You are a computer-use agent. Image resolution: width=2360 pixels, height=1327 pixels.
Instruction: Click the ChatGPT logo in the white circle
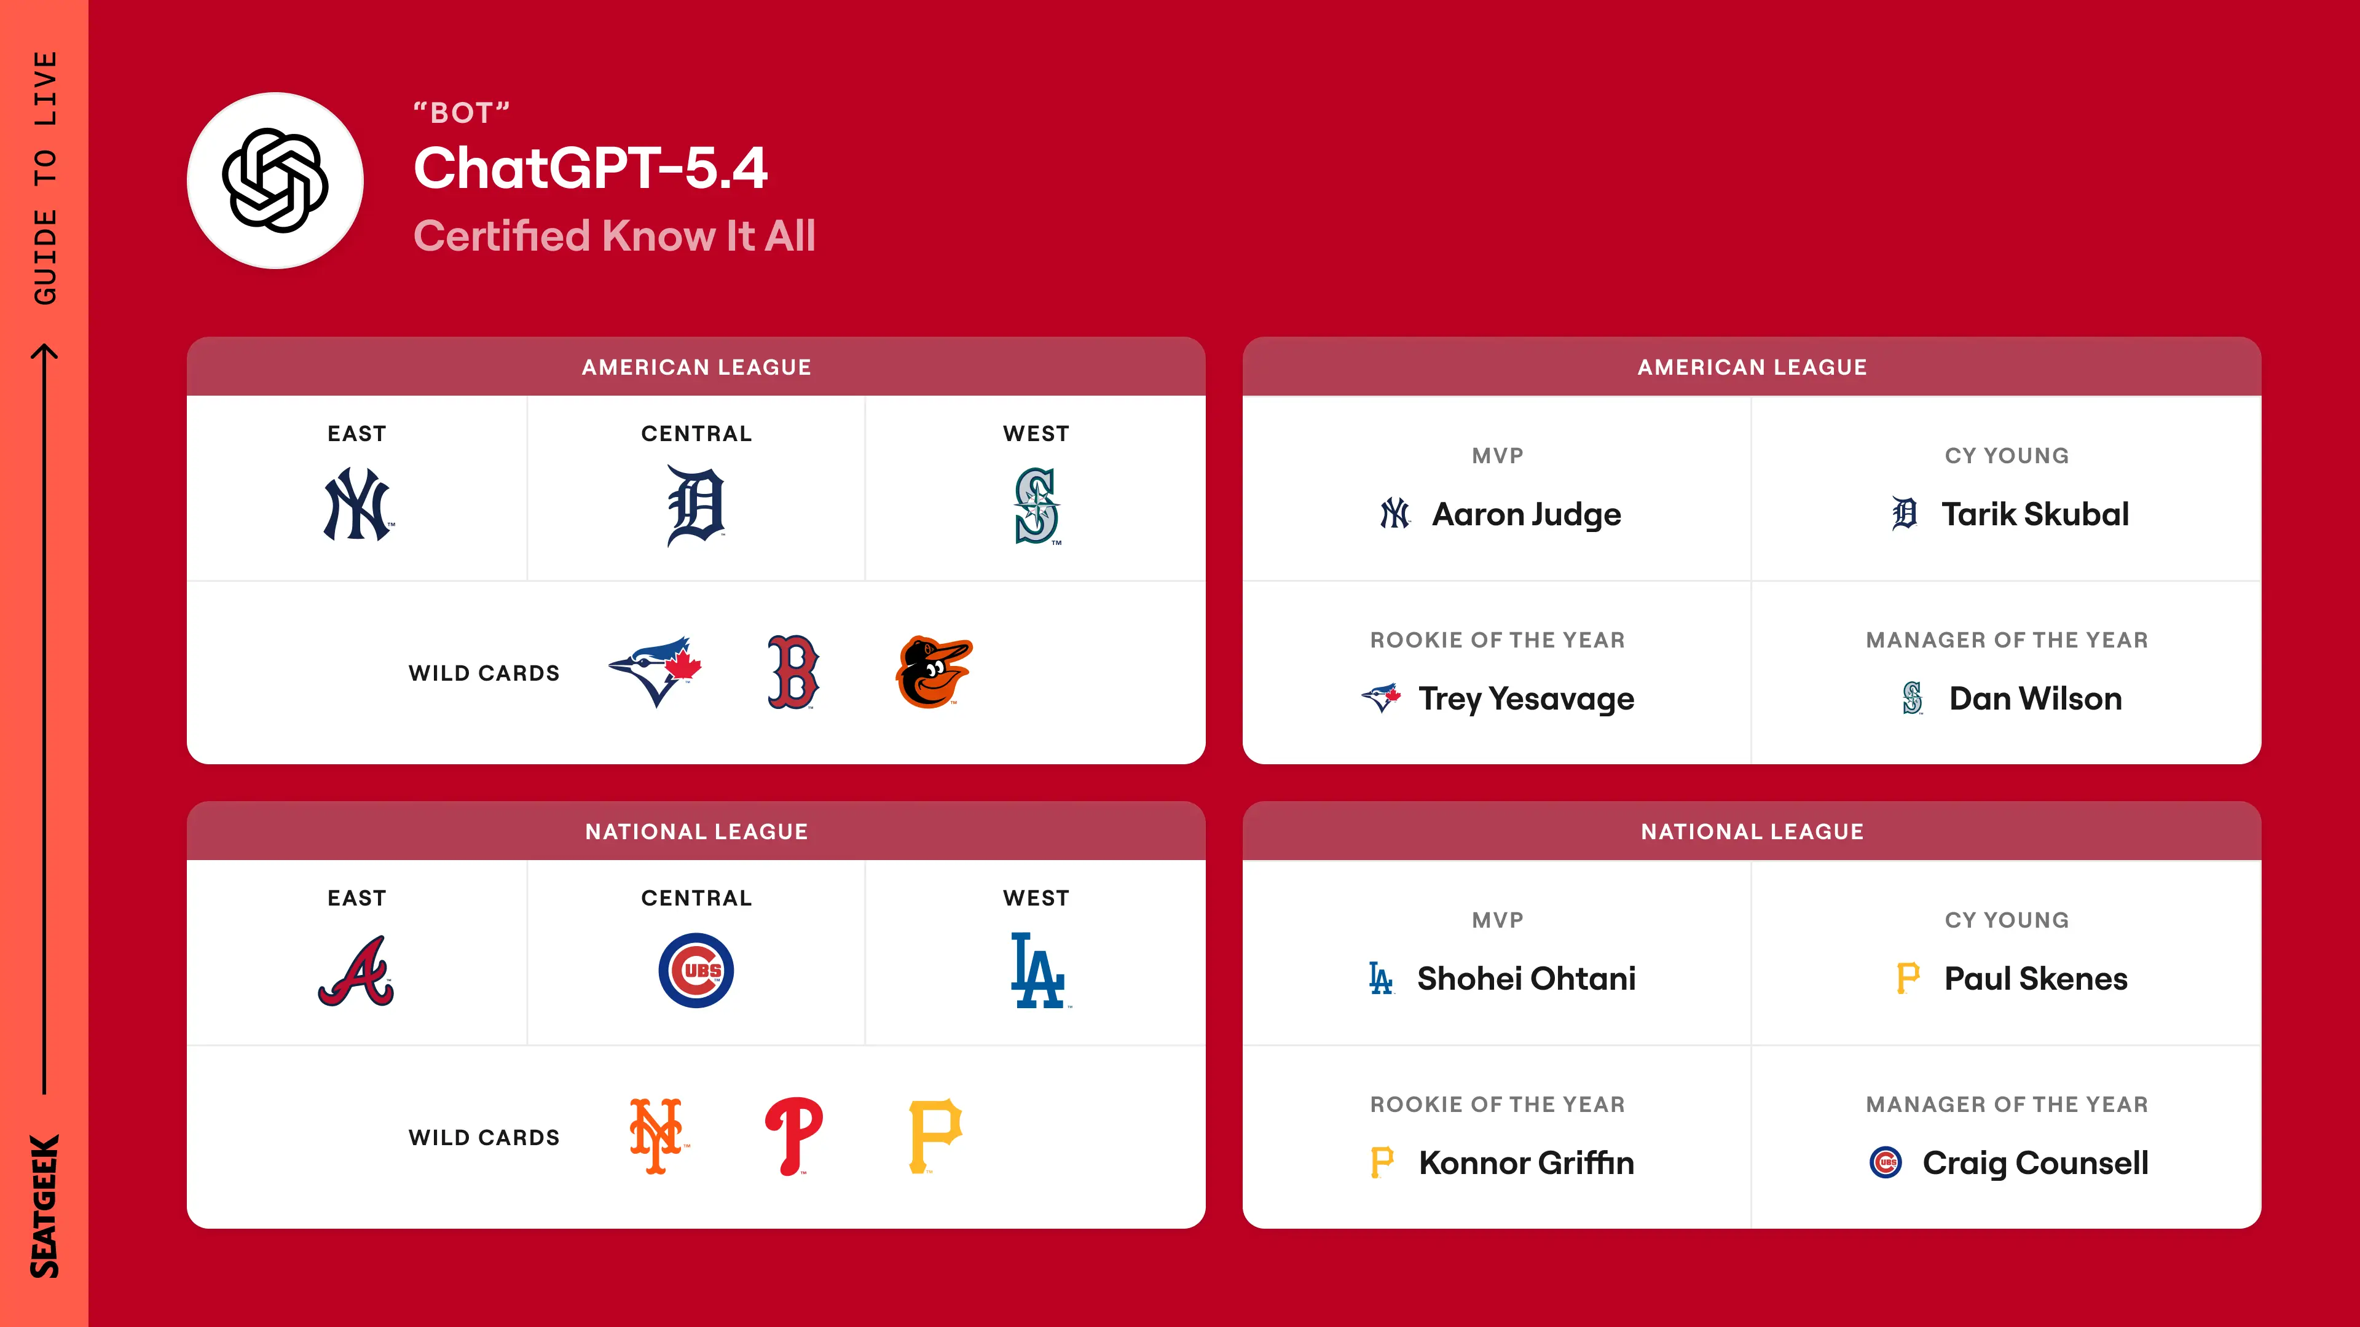click(x=275, y=181)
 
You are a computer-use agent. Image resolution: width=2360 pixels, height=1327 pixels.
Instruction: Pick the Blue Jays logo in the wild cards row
click(x=656, y=671)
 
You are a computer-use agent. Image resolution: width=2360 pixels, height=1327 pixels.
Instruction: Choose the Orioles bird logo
click(x=934, y=672)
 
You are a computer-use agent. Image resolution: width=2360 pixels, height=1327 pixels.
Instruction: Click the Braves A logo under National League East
click(x=356, y=971)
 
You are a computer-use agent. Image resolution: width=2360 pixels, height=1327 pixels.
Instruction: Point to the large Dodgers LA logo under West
click(x=1038, y=971)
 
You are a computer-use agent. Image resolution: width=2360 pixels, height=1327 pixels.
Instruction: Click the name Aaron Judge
click(x=1526, y=515)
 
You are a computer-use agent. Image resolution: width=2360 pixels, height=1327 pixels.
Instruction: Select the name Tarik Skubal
click(x=2035, y=515)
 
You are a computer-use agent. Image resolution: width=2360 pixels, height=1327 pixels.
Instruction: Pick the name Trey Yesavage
click(x=1526, y=699)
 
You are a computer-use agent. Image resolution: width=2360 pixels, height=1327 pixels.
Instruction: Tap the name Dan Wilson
click(x=2035, y=699)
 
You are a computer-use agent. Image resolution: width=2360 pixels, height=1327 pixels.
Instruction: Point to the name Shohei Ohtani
click(x=1526, y=979)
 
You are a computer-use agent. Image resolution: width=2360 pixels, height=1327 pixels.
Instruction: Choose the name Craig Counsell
click(x=2035, y=1163)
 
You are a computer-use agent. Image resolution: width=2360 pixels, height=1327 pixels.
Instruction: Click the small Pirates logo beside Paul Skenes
click(x=1908, y=979)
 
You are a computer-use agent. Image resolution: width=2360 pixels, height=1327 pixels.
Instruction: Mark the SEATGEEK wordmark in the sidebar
click(x=44, y=1206)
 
